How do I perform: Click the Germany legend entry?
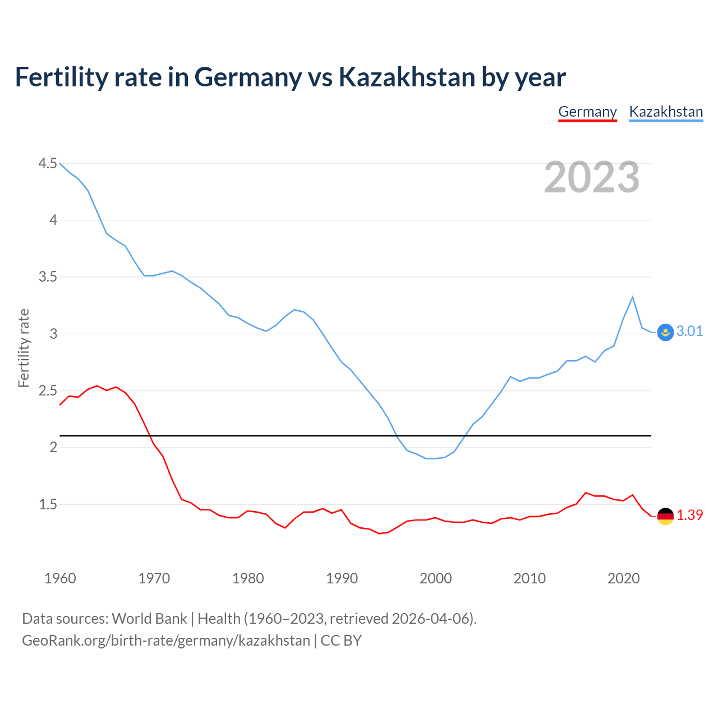click(587, 112)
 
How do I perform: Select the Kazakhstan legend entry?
click(666, 112)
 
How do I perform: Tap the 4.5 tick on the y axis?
click(48, 163)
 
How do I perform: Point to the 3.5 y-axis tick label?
click(48, 277)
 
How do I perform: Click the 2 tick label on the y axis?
click(53, 447)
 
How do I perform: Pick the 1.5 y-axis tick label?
click(48, 504)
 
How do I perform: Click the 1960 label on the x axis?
click(60, 578)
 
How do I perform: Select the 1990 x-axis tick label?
click(342, 578)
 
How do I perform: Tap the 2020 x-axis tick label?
click(623, 578)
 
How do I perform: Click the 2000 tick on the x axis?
click(435, 578)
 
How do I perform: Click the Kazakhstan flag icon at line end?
click(665, 332)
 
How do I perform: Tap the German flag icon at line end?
click(665, 516)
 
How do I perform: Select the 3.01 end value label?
click(689, 331)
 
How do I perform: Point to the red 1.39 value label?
click(689, 515)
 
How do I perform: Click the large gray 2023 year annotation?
click(592, 177)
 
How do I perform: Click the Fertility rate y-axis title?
click(24, 348)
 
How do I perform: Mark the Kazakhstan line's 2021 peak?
click(633, 297)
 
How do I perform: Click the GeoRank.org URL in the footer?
click(166, 640)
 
